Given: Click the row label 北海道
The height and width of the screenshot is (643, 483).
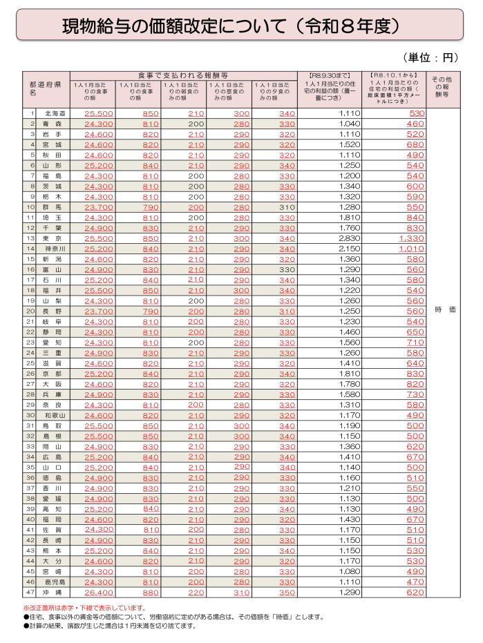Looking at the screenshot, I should click(x=55, y=113).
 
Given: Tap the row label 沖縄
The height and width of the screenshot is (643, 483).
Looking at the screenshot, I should click(x=54, y=592).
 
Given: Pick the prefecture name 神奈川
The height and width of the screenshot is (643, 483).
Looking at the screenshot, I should click(x=55, y=248).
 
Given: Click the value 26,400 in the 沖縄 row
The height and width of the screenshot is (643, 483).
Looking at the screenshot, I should click(x=99, y=592).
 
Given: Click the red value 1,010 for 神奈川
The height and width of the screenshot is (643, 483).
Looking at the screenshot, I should click(x=412, y=248).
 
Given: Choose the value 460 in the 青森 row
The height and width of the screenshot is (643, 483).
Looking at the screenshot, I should click(x=416, y=124).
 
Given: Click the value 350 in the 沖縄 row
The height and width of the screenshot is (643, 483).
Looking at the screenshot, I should click(x=287, y=592).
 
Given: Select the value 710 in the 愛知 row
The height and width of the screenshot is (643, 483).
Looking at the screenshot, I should click(x=416, y=342).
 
